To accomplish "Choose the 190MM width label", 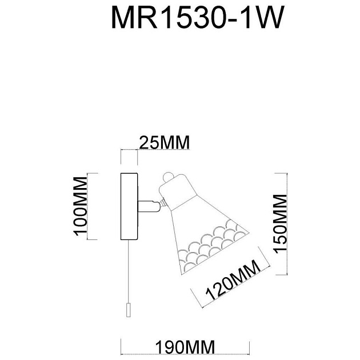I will (185, 346).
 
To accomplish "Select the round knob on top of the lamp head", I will (167, 178).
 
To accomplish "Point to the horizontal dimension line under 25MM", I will (129, 150).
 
